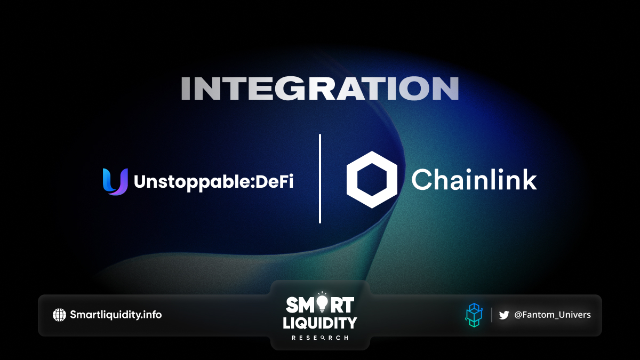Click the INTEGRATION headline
320,89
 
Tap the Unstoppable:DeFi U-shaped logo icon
115,182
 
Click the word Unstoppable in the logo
191,182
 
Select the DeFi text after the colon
274,181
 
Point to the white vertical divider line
320,179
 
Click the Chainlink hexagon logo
372,180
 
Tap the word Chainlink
474,179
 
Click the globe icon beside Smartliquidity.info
59,315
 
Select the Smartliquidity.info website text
116,315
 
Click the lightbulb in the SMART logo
322,302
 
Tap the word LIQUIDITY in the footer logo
320,323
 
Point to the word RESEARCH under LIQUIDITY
320,338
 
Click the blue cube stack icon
474,315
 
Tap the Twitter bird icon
504,315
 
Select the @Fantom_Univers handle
553,315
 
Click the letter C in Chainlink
421,179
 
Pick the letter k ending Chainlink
530,179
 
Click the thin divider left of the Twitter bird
492,315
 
